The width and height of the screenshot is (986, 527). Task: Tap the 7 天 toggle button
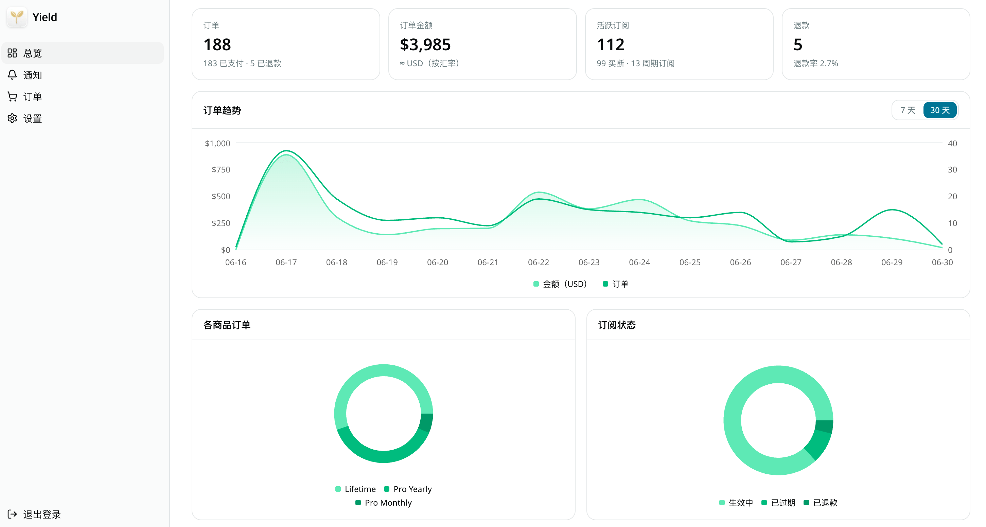click(x=908, y=110)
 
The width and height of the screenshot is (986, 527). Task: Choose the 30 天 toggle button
click(x=940, y=110)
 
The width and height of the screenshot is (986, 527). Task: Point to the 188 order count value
click(x=217, y=45)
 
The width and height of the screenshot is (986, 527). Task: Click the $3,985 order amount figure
click(x=425, y=45)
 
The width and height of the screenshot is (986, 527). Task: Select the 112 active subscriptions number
click(x=611, y=45)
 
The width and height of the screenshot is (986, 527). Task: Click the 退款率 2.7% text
click(x=816, y=63)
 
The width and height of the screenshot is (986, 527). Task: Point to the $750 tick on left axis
click(x=221, y=170)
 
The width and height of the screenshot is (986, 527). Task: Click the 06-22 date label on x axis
click(x=539, y=262)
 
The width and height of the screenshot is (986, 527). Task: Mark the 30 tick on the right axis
click(x=952, y=170)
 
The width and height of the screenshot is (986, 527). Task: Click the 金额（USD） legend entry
click(x=560, y=284)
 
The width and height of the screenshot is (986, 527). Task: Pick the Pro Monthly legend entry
click(x=384, y=503)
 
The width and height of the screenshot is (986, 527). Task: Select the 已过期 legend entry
click(x=778, y=503)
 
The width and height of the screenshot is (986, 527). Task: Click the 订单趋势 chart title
click(x=222, y=110)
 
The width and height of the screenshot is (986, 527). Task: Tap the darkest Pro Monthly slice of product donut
click(x=426, y=423)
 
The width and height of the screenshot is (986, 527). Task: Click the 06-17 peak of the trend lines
click(x=286, y=151)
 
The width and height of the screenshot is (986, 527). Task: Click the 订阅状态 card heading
click(x=617, y=325)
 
